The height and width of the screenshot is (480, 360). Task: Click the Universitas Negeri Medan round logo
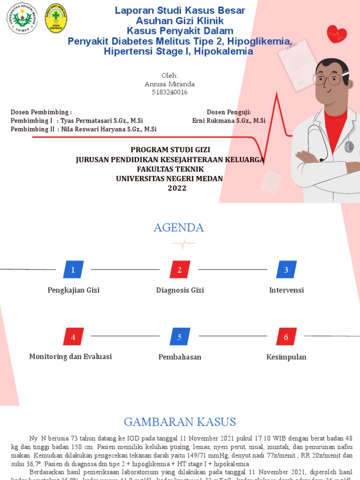22,18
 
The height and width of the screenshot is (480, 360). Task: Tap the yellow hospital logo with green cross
55,19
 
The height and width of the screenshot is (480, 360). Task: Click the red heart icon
337,33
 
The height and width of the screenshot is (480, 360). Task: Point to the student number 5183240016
170,92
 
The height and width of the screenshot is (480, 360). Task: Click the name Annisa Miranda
170,84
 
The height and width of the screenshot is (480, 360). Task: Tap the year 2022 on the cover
177,188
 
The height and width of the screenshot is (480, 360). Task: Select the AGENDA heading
179,228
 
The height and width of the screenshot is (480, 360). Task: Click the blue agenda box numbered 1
73,270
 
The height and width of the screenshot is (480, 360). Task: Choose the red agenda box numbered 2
180,270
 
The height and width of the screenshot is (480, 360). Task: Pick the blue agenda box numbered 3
286,270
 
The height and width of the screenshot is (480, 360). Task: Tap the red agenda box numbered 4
73,337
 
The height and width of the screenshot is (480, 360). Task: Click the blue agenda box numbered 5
180,337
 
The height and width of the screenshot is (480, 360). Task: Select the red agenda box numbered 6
286,337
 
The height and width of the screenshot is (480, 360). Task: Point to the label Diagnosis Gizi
180,290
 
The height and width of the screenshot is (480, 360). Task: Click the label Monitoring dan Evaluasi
70,357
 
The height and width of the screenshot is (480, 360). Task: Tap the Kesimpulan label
286,357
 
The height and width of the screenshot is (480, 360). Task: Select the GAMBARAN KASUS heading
180,421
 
